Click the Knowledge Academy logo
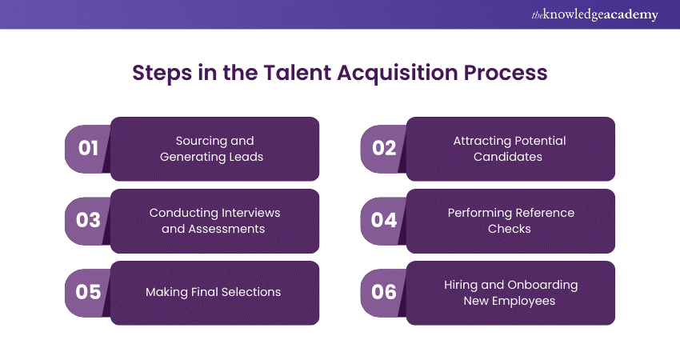click(x=594, y=14)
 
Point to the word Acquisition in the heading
click(x=398, y=74)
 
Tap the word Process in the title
click(x=506, y=73)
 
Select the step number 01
click(x=88, y=148)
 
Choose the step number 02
click(x=384, y=148)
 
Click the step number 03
click(x=88, y=220)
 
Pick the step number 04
click(x=384, y=220)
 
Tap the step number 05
click(x=88, y=292)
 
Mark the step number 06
click(x=384, y=292)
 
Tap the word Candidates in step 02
click(x=508, y=157)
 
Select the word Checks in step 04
click(x=509, y=229)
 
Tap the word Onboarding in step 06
click(x=542, y=286)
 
